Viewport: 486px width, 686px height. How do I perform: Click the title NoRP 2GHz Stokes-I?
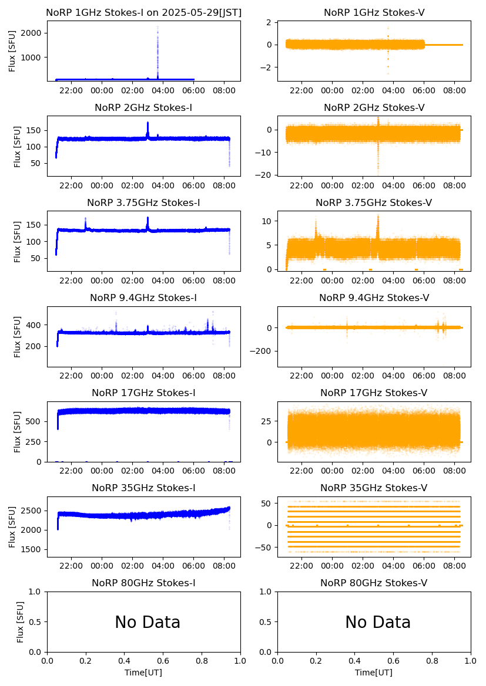click(x=143, y=108)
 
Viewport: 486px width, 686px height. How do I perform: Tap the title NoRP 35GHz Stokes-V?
click(x=374, y=488)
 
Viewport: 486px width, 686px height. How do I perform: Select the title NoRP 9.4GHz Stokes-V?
click(x=374, y=298)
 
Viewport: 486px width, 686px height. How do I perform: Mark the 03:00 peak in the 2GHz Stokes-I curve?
click(x=148, y=123)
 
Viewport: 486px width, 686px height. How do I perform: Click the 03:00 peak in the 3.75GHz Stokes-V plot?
click(x=378, y=217)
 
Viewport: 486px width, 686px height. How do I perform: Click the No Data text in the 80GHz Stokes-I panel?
click(x=148, y=622)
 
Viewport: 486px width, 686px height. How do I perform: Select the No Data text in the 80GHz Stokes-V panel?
click(x=378, y=622)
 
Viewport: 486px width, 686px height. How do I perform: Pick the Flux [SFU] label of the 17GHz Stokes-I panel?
click(x=18, y=431)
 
